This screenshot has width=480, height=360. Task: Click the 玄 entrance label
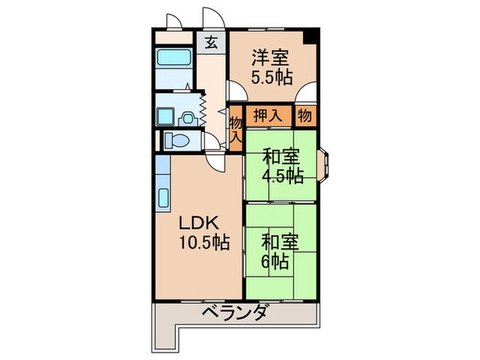pos(213,42)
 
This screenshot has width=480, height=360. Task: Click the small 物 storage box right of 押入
pos(305,116)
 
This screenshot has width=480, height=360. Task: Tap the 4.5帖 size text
pos(282,176)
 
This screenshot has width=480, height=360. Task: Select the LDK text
pos(200,224)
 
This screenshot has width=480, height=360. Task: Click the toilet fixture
pos(180,141)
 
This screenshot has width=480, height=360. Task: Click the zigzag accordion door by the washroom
pos(204,108)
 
